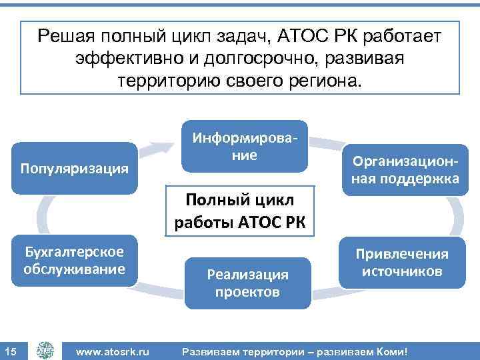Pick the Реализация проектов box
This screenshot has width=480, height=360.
coord(247,283)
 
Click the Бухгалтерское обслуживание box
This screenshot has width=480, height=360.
coord(75,260)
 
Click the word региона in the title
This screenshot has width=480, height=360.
coord(323,81)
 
